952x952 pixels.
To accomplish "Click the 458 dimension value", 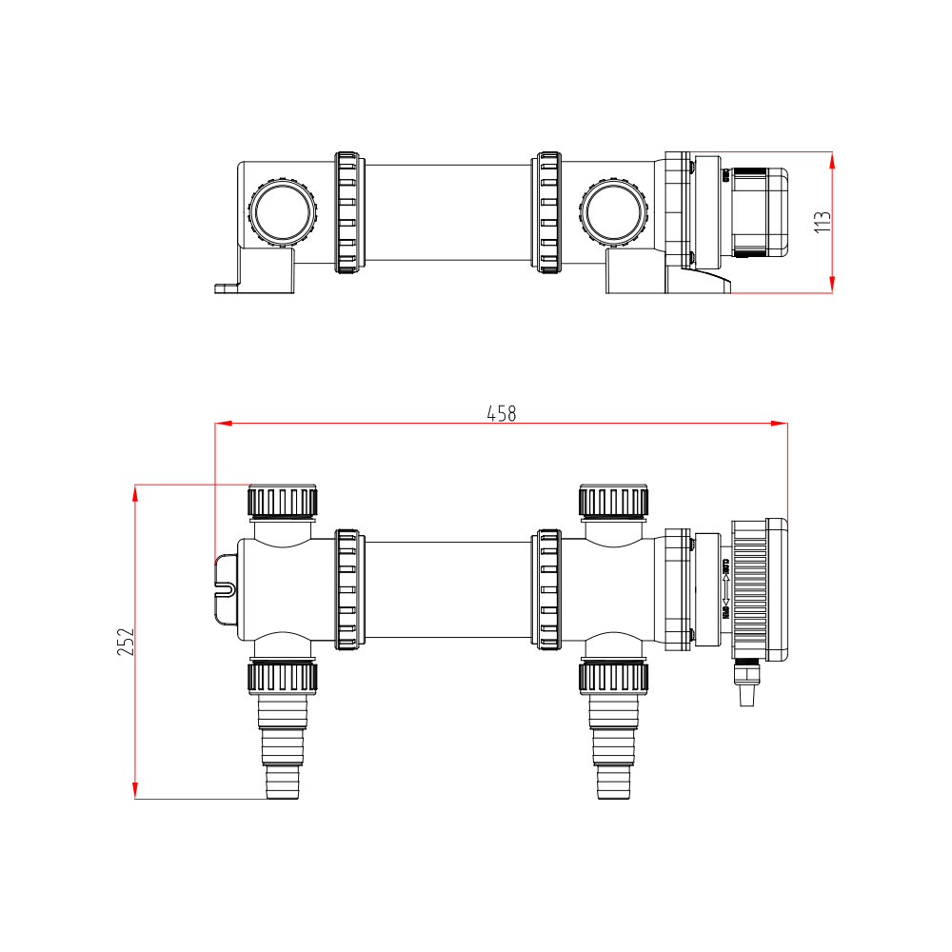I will (x=501, y=414).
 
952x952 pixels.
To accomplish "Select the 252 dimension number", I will (x=127, y=642).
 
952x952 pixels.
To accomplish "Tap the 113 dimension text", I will (x=823, y=222).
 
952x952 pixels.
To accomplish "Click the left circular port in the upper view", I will (x=282, y=211).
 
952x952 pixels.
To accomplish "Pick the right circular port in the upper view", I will (x=615, y=211).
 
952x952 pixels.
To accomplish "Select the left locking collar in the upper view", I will (x=348, y=212).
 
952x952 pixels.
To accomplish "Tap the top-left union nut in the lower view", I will (x=283, y=501).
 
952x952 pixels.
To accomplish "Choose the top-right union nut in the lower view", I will (x=614, y=501).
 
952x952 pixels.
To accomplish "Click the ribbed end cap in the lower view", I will (x=759, y=590).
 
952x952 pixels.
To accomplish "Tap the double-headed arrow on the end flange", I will (x=725, y=590).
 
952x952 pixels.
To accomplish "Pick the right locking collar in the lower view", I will (x=548, y=590).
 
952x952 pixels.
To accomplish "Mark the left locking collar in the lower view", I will (x=348, y=590).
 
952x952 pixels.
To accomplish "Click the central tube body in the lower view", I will (x=447, y=590).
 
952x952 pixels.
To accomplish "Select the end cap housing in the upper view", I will (x=759, y=212).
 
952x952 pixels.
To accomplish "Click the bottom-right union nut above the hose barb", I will (x=614, y=678).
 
